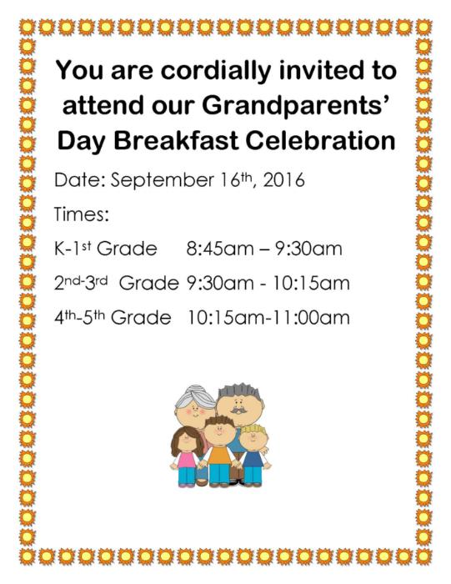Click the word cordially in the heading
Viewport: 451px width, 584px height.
tap(215, 72)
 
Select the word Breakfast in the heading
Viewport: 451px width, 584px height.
tap(176, 141)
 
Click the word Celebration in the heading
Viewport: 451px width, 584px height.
tap(320, 141)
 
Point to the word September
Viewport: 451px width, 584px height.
tap(163, 180)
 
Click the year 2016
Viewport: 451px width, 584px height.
tap(284, 180)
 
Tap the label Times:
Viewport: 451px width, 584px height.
tap(82, 214)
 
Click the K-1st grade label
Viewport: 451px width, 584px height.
tap(106, 249)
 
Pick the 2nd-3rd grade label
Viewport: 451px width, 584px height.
tap(117, 283)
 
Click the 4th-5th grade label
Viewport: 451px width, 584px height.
tap(113, 318)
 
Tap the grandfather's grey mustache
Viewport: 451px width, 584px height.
tap(238, 410)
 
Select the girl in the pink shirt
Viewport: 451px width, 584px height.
tap(186, 457)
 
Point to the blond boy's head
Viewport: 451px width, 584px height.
tap(253, 436)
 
